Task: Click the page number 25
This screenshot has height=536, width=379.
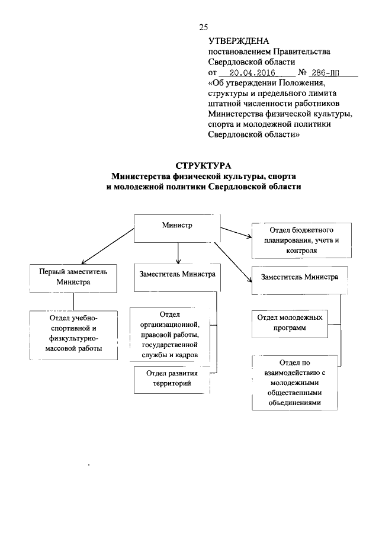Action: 204,27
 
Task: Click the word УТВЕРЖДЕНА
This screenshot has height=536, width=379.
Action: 239,41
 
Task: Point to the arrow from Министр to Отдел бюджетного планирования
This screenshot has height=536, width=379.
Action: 236,232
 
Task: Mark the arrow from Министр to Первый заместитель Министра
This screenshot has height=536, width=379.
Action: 107,250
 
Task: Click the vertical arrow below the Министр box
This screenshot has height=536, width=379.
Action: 178,253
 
